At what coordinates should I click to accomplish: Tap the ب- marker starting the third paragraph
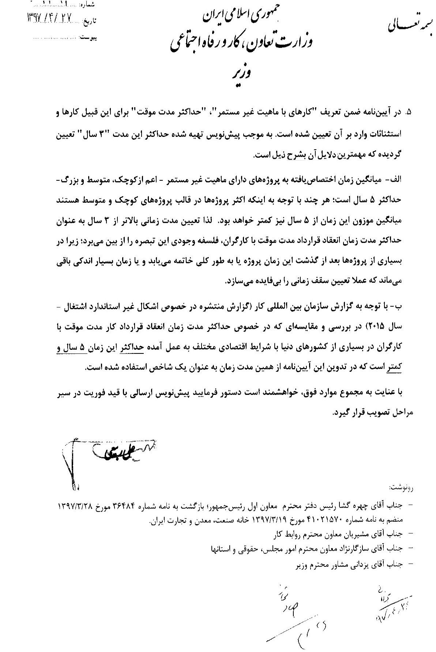point(407,306)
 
